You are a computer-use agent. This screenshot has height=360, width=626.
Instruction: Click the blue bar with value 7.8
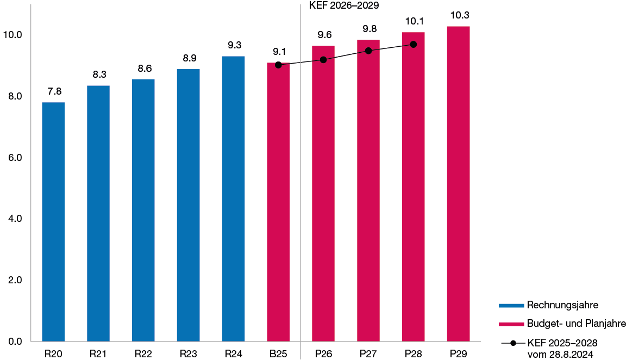point(53,222)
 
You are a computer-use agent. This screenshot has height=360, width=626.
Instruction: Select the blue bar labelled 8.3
point(98,213)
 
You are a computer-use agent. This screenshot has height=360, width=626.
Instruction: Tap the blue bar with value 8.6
point(143,210)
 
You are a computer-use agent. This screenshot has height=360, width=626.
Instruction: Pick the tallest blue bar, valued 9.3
point(234,198)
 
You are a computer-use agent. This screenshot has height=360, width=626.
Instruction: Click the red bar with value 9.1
point(278,202)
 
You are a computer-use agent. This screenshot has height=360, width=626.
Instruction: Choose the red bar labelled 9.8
point(368,190)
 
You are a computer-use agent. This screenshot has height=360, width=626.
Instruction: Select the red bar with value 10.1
point(414,187)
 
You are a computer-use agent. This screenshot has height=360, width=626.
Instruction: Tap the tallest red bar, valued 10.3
point(459,184)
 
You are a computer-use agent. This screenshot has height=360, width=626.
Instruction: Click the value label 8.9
point(189,58)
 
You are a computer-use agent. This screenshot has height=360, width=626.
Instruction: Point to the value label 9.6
point(324,35)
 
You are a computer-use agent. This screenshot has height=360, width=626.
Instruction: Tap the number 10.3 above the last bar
point(459,15)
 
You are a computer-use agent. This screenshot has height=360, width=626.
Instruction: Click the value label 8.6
point(144,69)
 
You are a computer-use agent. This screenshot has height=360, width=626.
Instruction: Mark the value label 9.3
point(234,45)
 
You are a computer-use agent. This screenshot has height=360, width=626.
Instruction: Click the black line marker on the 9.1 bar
point(278,65)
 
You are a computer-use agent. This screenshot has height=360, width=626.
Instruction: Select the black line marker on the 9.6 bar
point(323,59)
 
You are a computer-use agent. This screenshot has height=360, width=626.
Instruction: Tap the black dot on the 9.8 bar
point(368,51)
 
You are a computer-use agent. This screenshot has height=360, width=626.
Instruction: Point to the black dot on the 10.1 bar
point(414,44)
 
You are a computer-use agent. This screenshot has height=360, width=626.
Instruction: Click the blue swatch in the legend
point(511,306)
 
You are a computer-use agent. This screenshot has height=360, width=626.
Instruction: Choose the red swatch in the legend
point(511,324)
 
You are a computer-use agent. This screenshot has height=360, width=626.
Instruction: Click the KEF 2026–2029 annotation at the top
point(344,6)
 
